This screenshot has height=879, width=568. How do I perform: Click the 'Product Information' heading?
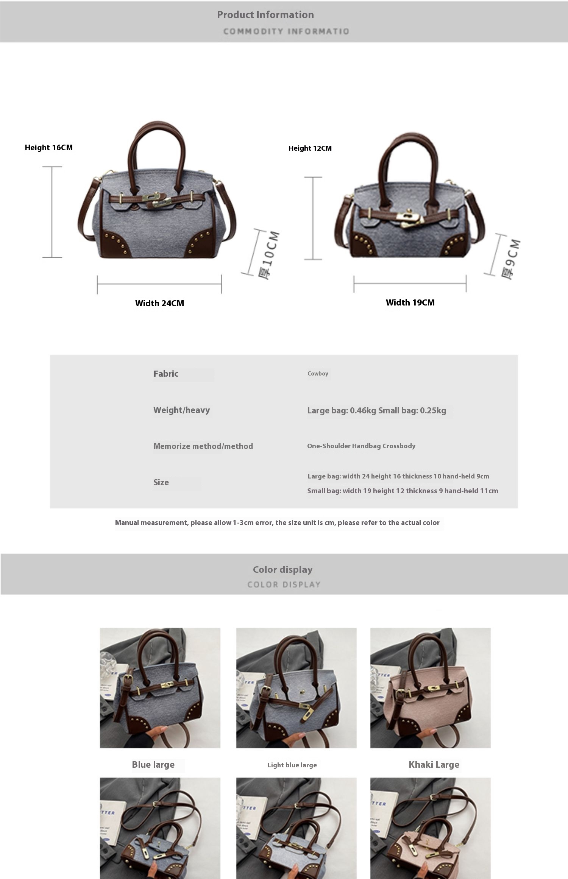(265, 15)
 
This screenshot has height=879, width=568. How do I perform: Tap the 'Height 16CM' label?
(49, 148)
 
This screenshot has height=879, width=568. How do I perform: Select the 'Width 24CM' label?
(160, 303)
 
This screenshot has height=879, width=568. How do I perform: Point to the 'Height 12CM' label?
(310, 148)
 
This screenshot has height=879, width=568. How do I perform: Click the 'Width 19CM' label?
(410, 302)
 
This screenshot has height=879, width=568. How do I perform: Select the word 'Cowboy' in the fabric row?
(318, 374)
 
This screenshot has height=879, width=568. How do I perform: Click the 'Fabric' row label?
(166, 374)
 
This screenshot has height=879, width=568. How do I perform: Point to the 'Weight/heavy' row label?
(182, 410)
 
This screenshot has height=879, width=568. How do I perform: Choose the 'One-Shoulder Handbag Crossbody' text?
(361, 446)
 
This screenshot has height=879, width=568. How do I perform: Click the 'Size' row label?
(161, 482)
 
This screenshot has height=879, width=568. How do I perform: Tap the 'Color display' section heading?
(283, 569)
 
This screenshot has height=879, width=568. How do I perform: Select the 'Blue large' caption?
(153, 764)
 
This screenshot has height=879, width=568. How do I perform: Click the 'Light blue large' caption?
(292, 765)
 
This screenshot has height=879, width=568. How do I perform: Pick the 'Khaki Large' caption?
(434, 764)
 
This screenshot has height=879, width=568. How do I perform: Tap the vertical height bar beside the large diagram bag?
(52, 212)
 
